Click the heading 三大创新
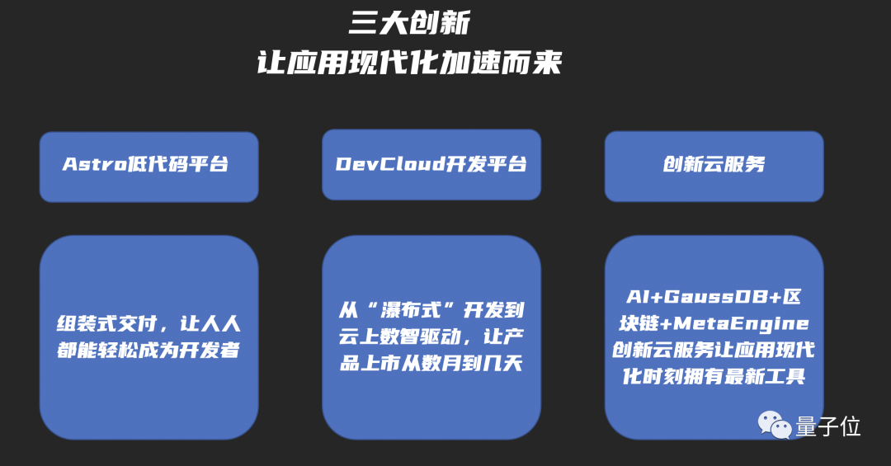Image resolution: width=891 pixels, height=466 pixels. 409,23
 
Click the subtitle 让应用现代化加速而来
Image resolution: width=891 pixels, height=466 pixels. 409,64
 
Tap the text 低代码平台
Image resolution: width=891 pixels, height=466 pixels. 177,164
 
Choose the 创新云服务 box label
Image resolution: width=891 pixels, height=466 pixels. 714,164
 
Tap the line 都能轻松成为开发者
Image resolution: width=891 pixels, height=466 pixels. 148,350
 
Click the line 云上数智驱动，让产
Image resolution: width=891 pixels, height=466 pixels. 431,337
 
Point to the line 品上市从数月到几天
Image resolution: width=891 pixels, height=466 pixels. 431,363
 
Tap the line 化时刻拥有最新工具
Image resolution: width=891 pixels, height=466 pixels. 714,376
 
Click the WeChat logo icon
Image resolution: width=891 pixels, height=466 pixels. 775,426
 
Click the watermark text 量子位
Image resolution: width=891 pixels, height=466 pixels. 828,426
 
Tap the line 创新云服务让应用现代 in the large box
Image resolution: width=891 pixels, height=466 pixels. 714,350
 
